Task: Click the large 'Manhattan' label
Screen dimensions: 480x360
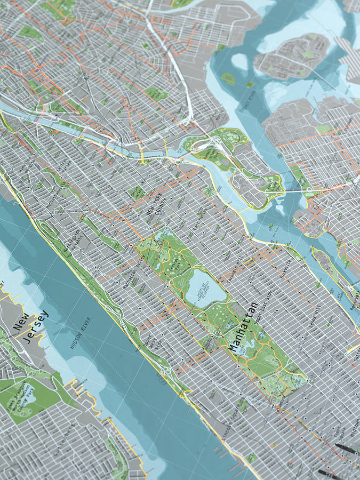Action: tap(244, 327)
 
